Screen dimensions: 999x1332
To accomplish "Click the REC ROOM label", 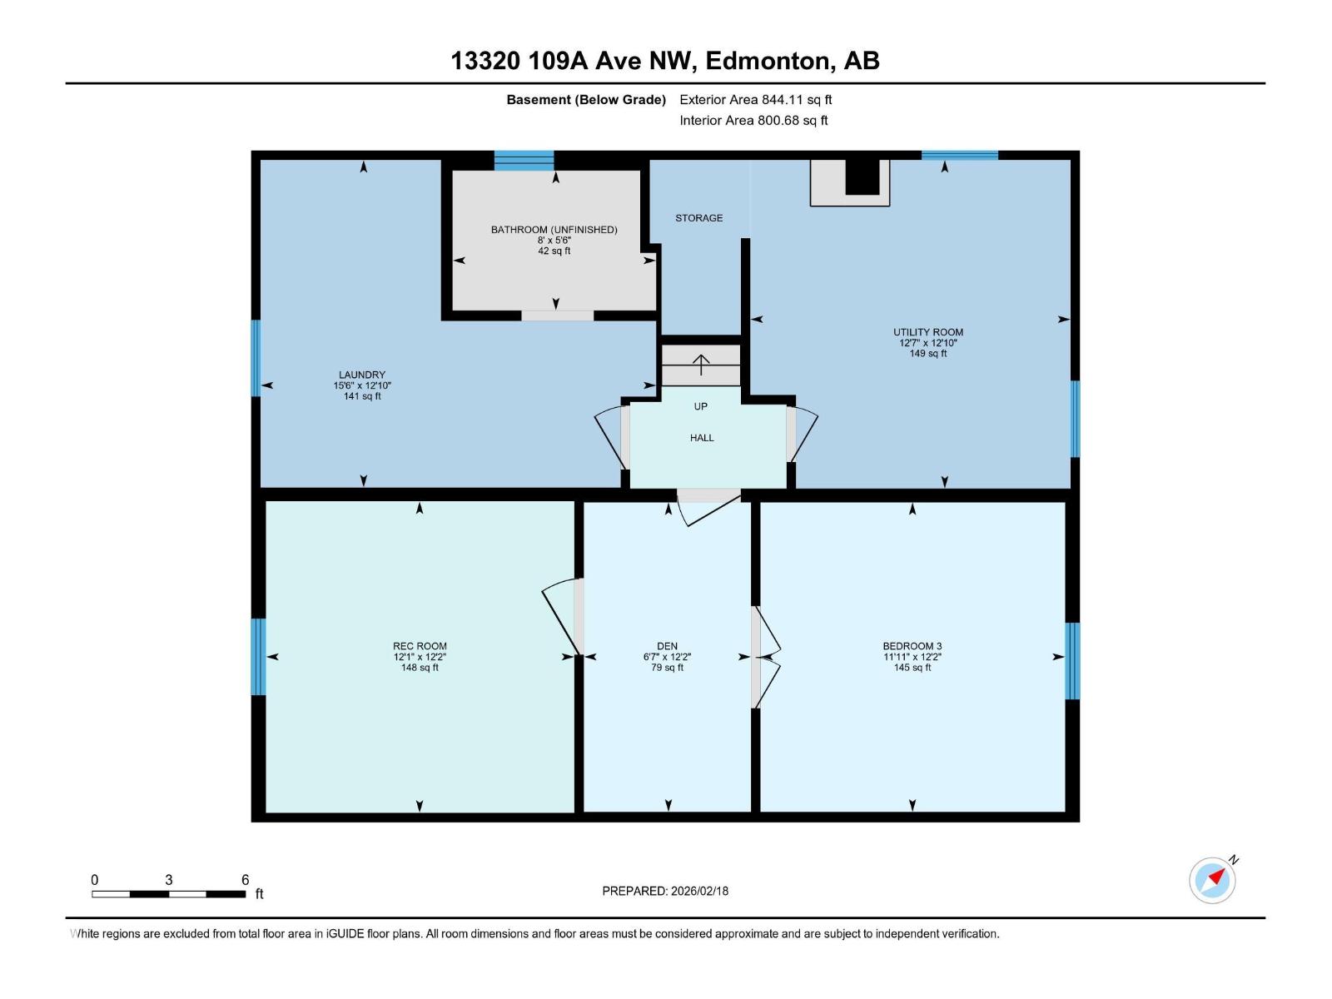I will coord(420,646).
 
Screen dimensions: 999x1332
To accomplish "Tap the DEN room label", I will coord(667,646).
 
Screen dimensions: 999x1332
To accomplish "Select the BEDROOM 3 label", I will coord(912,646).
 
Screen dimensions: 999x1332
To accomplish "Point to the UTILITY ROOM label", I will coord(928,332).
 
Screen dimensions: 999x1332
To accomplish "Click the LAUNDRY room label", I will coord(362,375).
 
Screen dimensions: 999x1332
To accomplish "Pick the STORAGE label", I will coord(698,218).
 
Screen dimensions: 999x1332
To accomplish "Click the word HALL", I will coord(702,438).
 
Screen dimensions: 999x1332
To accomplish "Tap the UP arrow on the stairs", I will coord(701,365).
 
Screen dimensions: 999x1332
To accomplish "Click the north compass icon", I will coord(1213,880).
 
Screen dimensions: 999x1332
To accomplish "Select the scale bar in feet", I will coord(169,893).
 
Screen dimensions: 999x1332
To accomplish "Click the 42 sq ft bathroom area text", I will coord(554,251).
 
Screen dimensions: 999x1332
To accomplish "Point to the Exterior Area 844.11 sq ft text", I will coord(756,100).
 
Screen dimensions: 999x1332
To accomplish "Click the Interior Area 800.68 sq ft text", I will coord(753,121).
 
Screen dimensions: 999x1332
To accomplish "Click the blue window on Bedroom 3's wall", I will coord(1072,661).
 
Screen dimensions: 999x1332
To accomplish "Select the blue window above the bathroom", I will coord(524,160).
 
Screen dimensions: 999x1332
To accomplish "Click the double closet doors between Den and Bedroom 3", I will coord(766,657).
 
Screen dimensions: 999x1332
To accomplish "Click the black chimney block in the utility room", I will coord(862,177).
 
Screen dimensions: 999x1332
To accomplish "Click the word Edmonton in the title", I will coord(768,61).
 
